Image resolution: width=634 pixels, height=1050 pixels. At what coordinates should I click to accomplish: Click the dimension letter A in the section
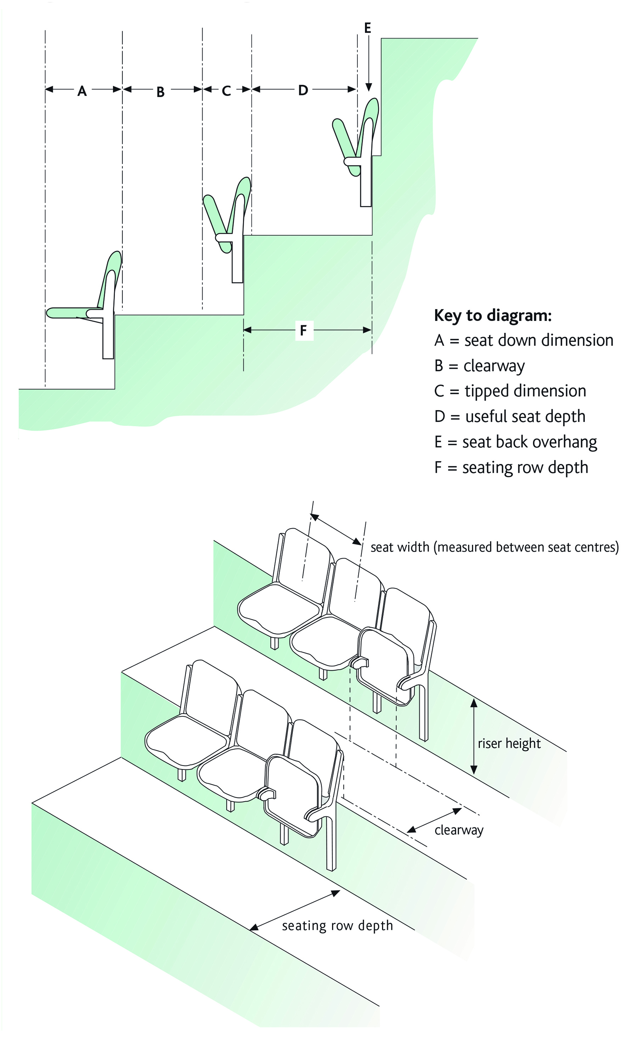(82, 91)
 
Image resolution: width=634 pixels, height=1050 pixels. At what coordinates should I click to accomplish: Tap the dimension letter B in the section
(160, 92)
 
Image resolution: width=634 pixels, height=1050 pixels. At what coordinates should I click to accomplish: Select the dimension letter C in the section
(226, 91)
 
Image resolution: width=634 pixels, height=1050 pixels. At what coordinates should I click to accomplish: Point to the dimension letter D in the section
(303, 90)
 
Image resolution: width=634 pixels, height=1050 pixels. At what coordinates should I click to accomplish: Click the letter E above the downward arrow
(368, 28)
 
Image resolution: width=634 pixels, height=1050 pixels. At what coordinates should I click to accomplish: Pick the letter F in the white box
(304, 330)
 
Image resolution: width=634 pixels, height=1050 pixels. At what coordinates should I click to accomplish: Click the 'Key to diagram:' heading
(493, 316)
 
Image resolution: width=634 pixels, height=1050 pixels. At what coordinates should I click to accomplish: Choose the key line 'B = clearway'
(479, 366)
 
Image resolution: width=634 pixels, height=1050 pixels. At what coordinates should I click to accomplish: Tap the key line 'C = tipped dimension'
(510, 391)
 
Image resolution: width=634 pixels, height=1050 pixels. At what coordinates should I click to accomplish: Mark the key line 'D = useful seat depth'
(510, 416)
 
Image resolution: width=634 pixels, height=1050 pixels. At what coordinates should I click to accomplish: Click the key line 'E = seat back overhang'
(516, 442)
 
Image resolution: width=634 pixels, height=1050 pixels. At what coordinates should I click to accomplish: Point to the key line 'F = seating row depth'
(511, 468)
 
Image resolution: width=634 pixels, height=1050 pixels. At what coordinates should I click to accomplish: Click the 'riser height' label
(509, 744)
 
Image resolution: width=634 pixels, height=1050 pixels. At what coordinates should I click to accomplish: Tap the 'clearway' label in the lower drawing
(459, 830)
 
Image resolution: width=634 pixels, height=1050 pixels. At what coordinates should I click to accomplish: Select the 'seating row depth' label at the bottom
(337, 926)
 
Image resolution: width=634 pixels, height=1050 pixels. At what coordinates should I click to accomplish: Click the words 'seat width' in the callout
(400, 547)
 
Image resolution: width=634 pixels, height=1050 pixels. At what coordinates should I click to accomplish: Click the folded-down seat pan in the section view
(73, 313)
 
